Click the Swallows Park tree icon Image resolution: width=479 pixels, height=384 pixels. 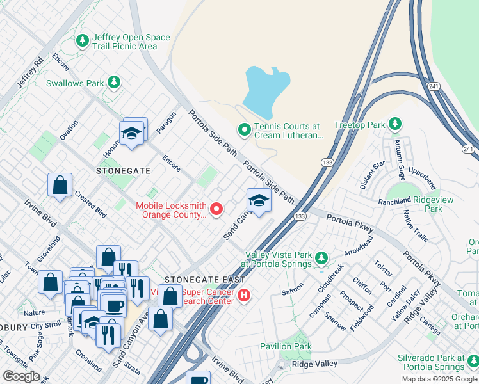coord(114,82)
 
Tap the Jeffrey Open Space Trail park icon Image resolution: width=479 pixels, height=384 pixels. coord(82,42)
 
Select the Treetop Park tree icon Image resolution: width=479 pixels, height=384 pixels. coord(396,124)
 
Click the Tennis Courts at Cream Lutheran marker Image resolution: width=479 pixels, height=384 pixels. coord(244,131)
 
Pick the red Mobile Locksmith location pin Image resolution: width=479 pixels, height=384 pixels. coord(216,209)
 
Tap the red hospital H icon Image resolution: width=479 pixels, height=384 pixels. coord(243,295)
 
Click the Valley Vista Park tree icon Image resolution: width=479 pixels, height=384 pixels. coord(321,259)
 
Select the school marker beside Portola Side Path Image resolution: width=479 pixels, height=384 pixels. coord(259,200)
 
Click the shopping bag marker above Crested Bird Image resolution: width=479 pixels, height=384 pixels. coord(60,186)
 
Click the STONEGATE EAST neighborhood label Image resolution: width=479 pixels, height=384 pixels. coord(204,280)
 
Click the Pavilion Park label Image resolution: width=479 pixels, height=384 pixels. coord(286,346)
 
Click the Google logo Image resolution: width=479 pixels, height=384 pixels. coord(21,376)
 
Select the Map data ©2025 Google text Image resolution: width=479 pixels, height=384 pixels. coord(439,379)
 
